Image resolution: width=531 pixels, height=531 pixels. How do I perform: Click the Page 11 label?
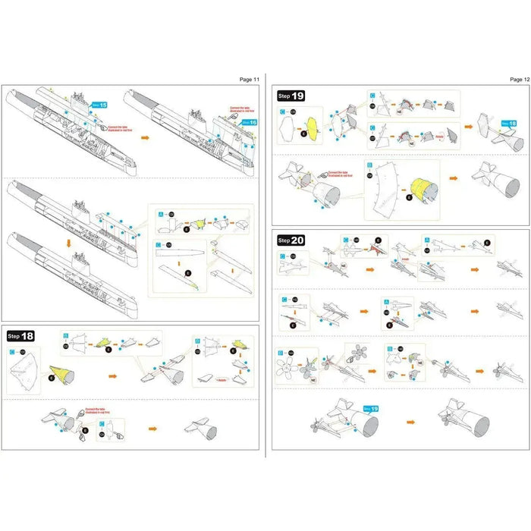point(250,79)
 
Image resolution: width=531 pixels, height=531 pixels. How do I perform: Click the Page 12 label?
point(520,79)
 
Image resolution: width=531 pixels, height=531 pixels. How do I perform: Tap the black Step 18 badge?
point(24,335)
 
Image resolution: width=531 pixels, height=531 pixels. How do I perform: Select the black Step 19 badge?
point(291,96)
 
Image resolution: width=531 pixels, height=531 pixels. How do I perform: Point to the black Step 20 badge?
point(291,240)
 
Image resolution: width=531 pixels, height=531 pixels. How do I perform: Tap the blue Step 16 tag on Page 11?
point(250,121)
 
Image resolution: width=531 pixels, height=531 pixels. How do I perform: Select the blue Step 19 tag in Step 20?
point(372,410)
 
